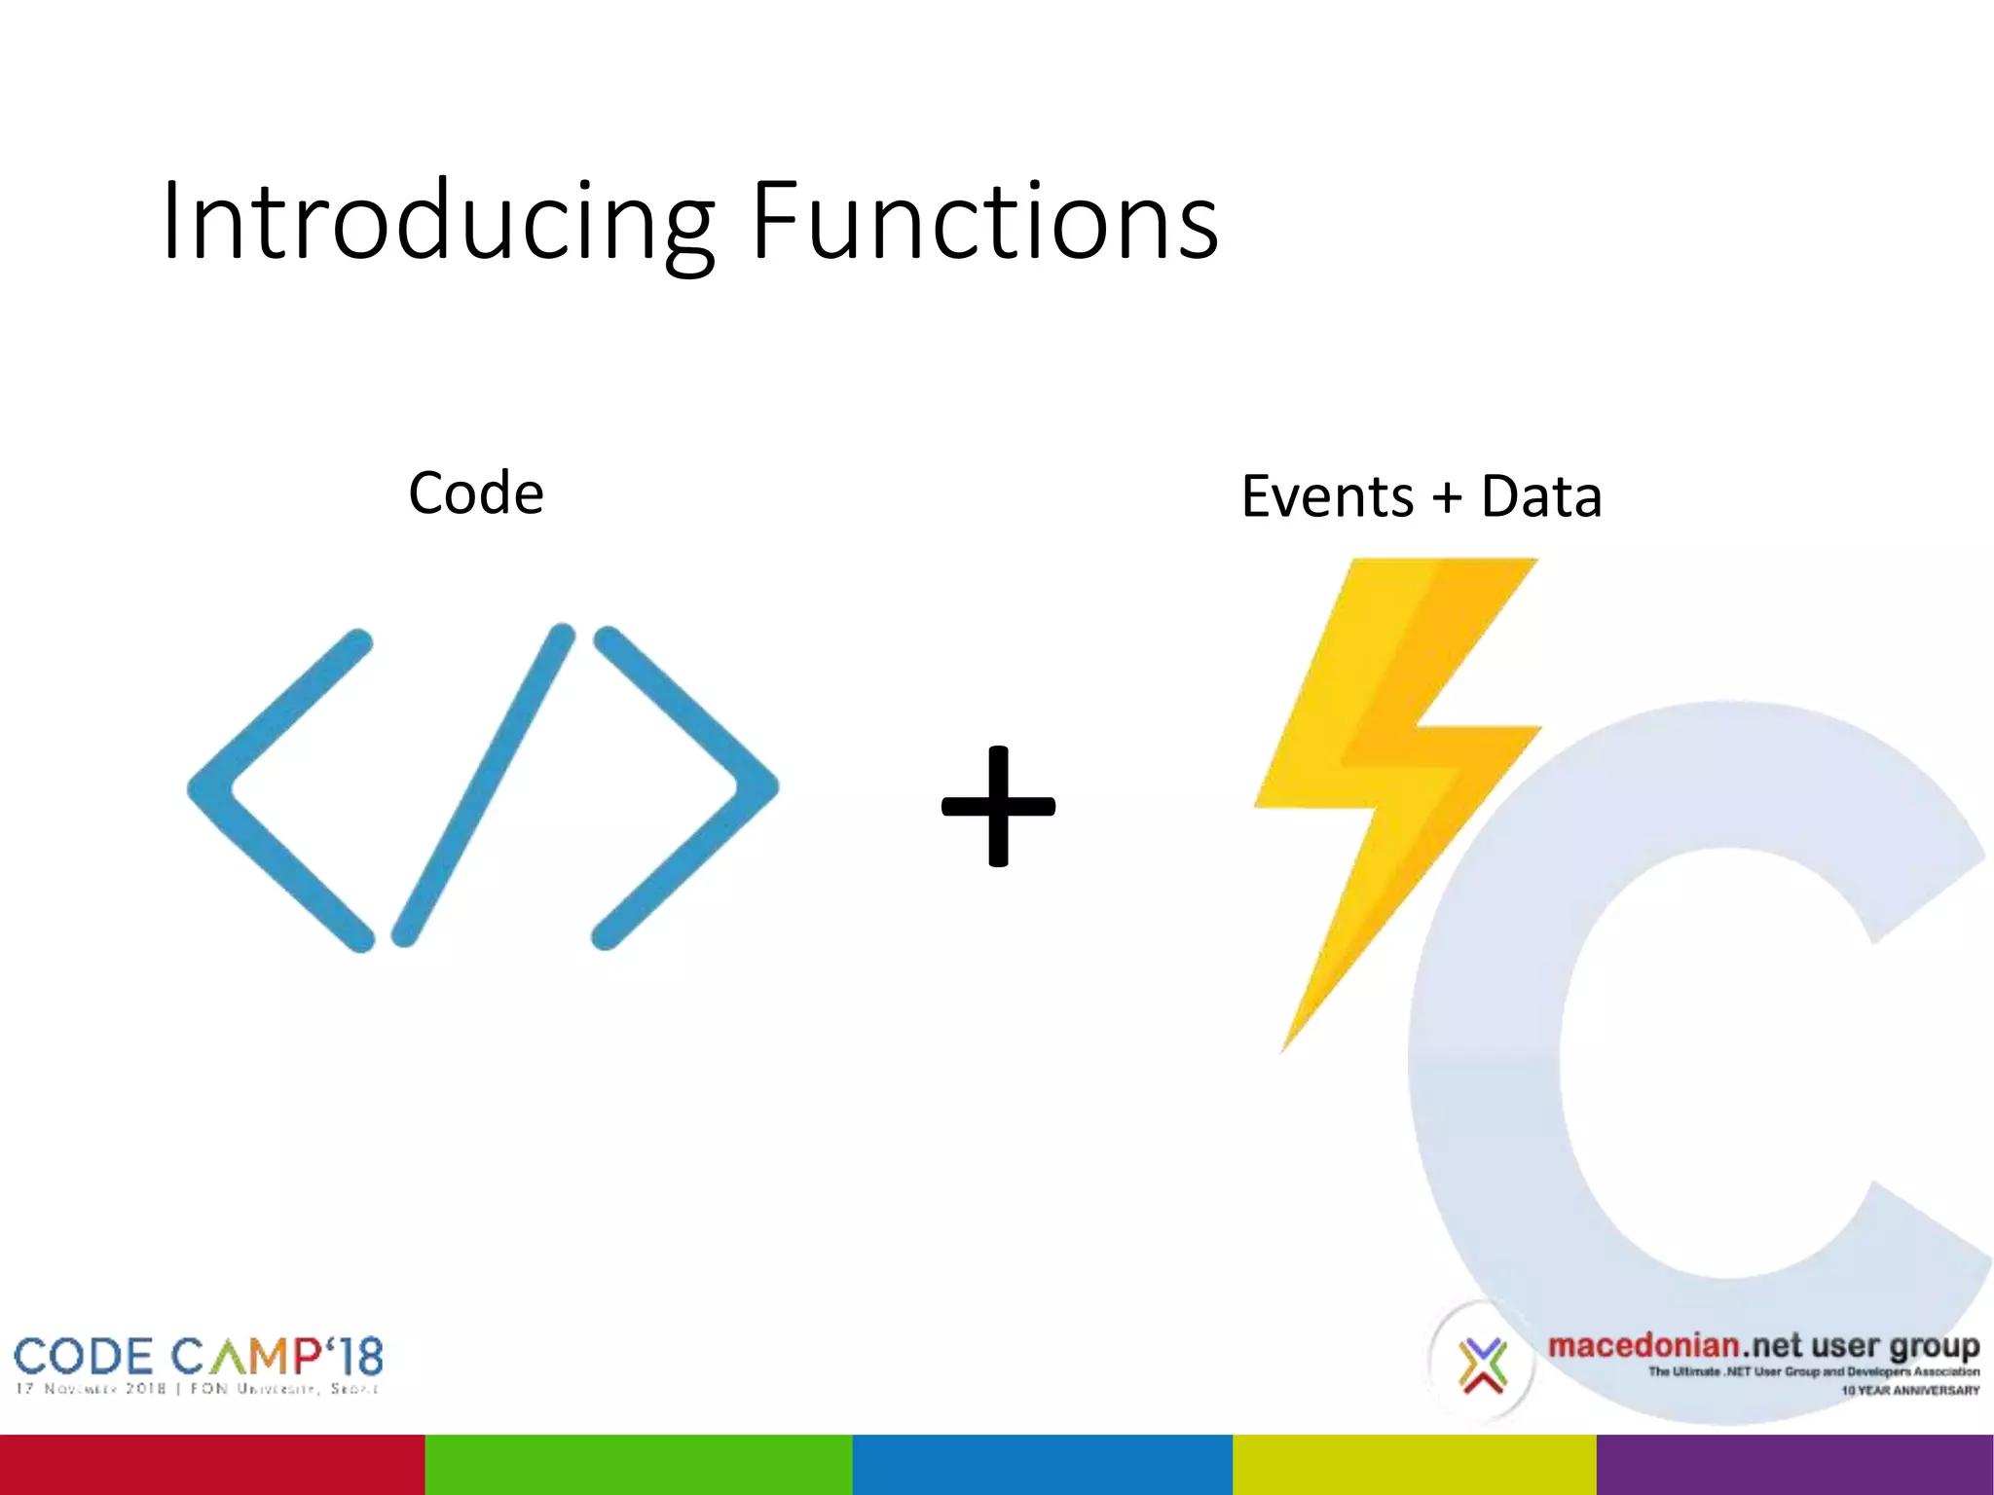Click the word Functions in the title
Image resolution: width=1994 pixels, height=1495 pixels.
coord(983,222)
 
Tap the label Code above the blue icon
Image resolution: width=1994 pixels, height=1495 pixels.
coord(475,493)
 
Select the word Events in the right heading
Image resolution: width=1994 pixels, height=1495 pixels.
coord(1326,496)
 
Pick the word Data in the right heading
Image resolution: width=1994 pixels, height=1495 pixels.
coord(1540,496)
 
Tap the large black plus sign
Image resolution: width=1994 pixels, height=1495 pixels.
coord(998,806)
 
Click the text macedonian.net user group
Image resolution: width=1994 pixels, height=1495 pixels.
coord(1762,1346)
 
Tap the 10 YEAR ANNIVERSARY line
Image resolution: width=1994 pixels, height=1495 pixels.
coord(1909,1391)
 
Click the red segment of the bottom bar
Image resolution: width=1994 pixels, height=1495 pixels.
coord(212,1464)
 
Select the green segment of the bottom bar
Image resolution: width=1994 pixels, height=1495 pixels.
coord(639,1464)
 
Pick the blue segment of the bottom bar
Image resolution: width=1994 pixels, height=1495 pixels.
coord(1042,1464)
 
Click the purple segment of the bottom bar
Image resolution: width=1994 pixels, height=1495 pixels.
coord(1794,1464)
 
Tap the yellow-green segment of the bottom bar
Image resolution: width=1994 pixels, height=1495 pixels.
coord(1414,1464)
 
